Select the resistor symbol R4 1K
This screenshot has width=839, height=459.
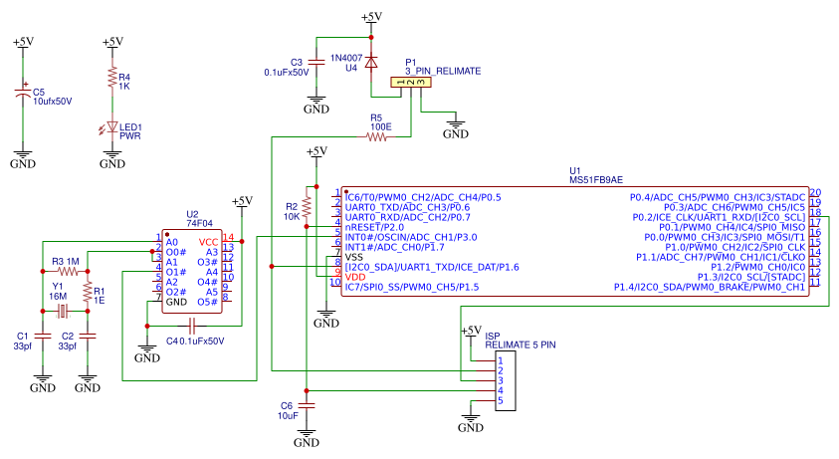[x=112, y=82]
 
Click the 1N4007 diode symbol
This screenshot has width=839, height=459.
[x=371, y=62]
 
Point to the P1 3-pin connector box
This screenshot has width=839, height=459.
[x=411, y=84]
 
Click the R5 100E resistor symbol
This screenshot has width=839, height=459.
[x=377, y=138]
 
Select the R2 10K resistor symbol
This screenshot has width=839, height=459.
[x=308, y=205]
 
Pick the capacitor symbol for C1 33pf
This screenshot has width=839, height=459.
[x=41, y=338]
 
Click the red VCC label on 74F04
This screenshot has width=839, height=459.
[x=208, y=242]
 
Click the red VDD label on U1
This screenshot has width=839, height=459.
[x=355, y=277]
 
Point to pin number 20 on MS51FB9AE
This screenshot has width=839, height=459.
[x=814, y=193]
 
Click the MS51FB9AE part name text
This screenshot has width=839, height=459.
[x=596, y=180]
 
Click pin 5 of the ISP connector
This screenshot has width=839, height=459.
[x=502, y=401]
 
